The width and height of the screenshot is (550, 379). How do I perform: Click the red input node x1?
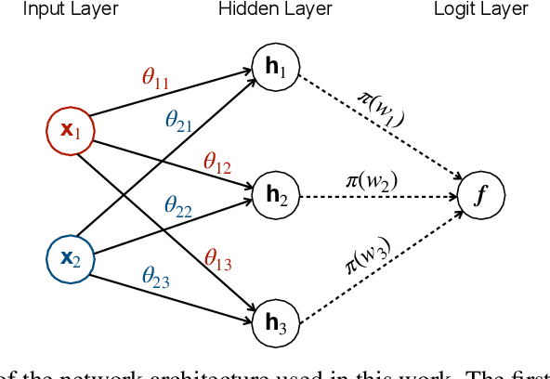coord(71,131)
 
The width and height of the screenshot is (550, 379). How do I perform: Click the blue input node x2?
coord(71,257)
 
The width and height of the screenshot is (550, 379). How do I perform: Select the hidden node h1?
coord(276,68)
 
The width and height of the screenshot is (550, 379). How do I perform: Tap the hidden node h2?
coord(276,195)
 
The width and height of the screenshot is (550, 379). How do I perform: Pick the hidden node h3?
coord(276,322)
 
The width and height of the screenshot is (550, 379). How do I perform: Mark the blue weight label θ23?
coord(155,276)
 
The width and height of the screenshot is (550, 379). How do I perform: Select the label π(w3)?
coord(369,255)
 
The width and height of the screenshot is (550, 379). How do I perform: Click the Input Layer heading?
coord(71,9)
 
